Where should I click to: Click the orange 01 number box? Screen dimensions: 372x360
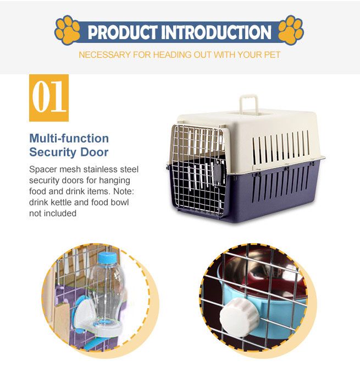click(x=49, y=97)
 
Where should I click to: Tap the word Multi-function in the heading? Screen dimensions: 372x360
click(x=69, y=138)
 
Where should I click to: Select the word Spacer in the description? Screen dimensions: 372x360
click(x=43, y=169)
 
